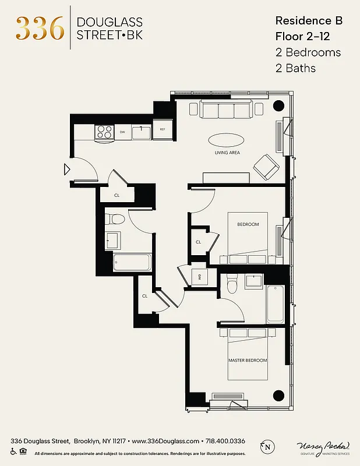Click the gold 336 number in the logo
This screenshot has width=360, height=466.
click(x=40, y=28)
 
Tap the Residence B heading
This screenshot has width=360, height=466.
click(x=308, y=20)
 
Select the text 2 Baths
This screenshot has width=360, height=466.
click(x=295, y=68)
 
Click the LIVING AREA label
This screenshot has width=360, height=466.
click(x=227, y=153)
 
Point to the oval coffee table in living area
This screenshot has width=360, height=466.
click(x=227, y=140)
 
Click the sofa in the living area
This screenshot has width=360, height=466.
click(x=227, y=109)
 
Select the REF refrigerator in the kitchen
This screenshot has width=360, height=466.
click(x=163, y=130)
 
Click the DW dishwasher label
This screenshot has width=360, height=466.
click(x=123, y=132)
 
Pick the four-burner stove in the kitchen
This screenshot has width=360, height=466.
click(x=104, y=132)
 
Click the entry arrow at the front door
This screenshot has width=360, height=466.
click(x=67, y=170)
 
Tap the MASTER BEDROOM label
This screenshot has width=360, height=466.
click(x=248, y=361)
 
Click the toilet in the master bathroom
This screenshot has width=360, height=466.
click(x=232, y=283)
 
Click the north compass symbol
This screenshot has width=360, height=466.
click(x=267, y=447)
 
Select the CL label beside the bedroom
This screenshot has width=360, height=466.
click(x=198, y=242)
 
